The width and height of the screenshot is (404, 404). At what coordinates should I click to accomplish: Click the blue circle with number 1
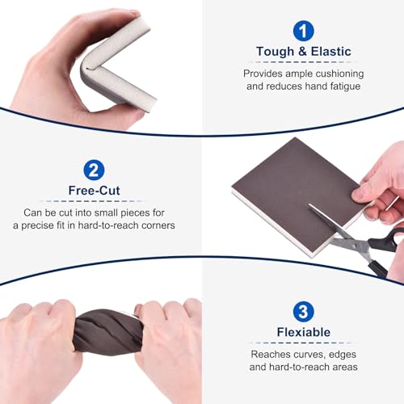click(x=304, y=31)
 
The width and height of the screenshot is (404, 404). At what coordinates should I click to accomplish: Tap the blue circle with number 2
click(x=94, y=170)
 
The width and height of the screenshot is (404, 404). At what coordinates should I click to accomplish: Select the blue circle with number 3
click(x=304, y=312)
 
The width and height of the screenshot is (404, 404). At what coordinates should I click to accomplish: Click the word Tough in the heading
click(x=275, y=52)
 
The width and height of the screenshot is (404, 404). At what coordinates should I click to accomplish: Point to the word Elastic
click(x=331, y=51)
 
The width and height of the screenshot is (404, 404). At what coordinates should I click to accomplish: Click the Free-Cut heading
click(x=94, y=191)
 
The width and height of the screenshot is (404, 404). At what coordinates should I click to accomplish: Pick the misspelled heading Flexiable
click(x=304, y=332)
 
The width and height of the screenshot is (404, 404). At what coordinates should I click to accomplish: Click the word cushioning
click(x=339, y=74)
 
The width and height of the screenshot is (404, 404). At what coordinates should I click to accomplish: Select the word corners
click(x=158, y=225)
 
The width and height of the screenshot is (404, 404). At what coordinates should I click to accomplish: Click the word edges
click(x=343, y=355)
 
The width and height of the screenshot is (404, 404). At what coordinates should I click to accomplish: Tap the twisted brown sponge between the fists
click(x=108, y=332)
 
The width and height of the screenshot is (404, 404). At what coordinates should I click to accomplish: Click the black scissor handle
click(x=385, y=241)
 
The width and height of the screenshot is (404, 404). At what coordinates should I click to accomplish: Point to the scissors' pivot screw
click(x=357, y=245)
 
